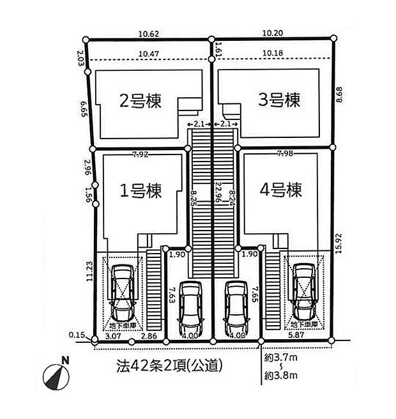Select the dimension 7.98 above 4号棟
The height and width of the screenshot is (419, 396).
(286, 154)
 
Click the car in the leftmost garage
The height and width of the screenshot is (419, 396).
(122, 293)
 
